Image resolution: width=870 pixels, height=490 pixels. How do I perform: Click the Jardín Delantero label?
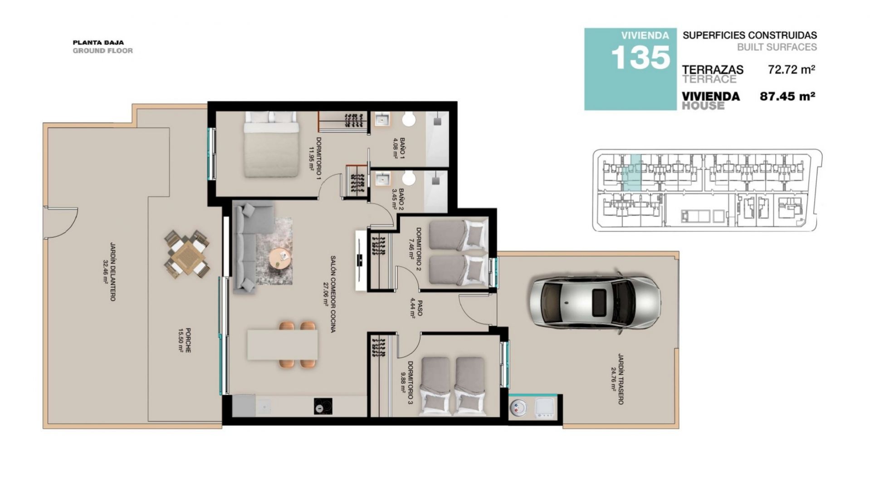[109, 271]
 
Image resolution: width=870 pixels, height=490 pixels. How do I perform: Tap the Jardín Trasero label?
[617, 379]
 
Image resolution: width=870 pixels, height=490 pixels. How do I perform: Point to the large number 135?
[640, 58]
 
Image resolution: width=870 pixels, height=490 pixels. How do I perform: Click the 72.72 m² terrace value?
[792, 69]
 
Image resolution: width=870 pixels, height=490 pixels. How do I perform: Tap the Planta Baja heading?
[98, 43]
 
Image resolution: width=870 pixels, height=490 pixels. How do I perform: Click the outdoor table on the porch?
[187, 254]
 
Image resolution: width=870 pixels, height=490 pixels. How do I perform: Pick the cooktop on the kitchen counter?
[323, 406]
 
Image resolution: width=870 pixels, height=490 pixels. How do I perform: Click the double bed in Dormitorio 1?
[272, 144]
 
